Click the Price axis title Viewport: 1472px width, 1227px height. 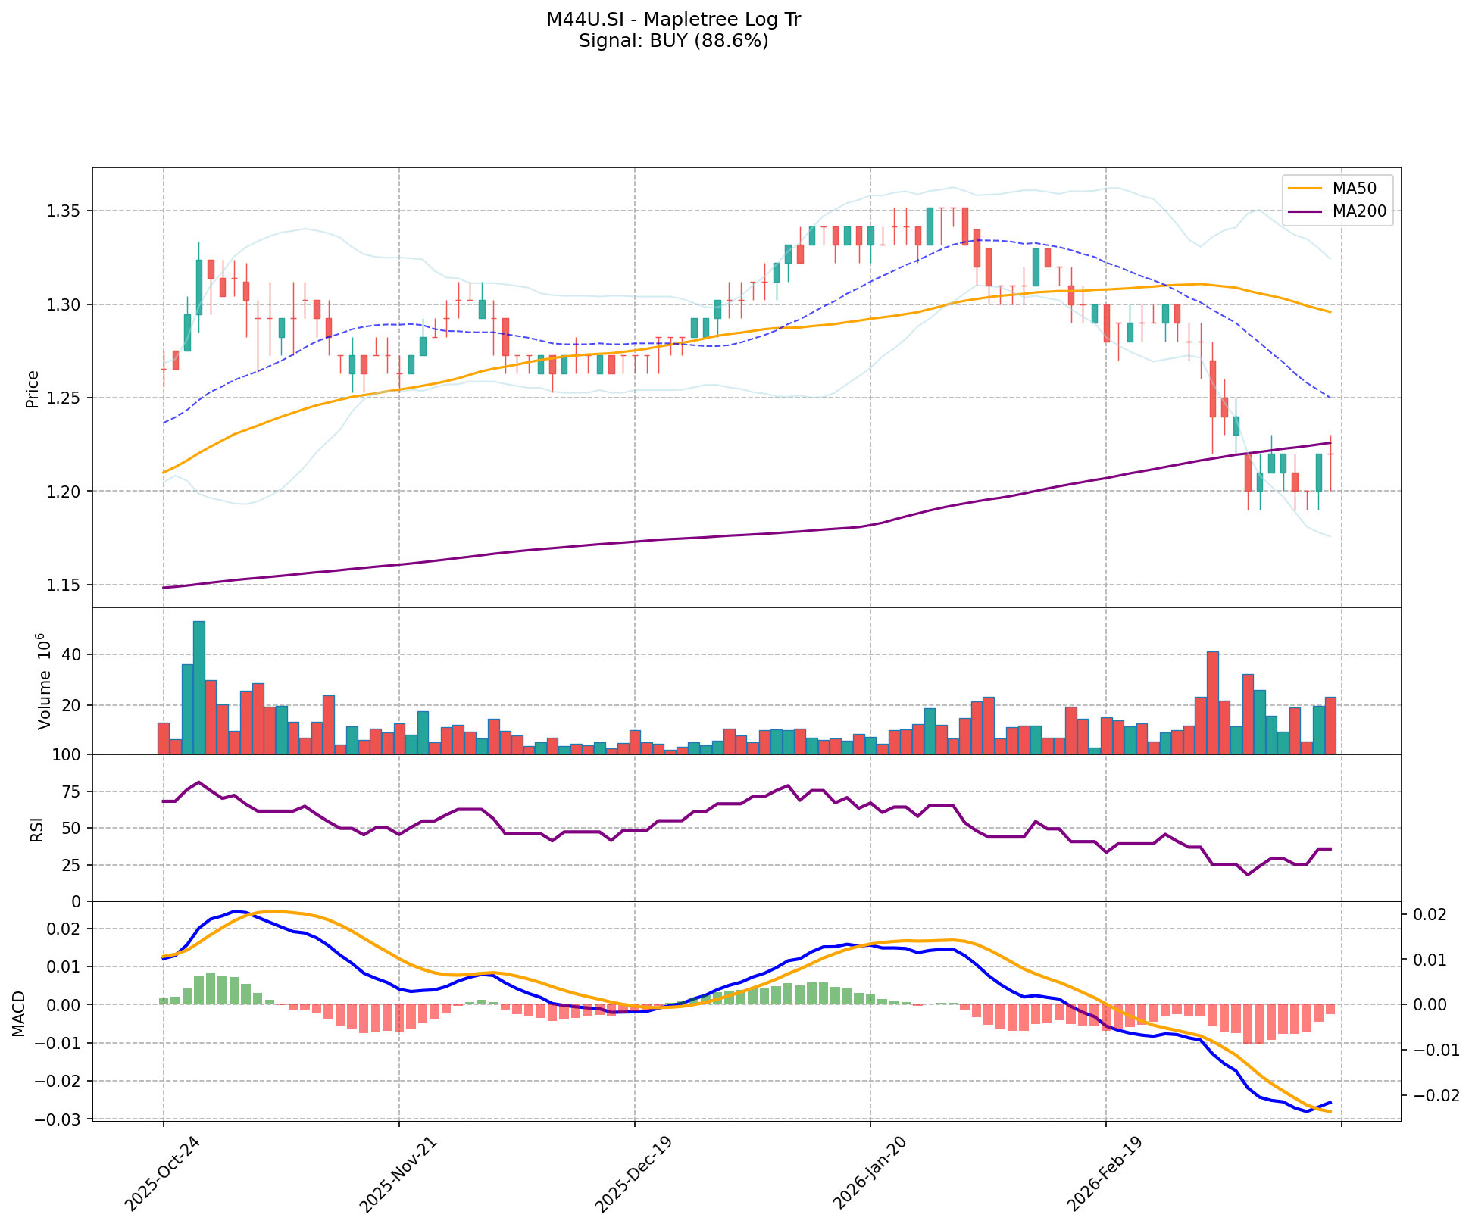point(33,389)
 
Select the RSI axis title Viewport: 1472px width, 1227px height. point(35,829)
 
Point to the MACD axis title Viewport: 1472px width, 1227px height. point(18,1013)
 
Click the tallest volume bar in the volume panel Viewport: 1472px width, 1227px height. point(199,688)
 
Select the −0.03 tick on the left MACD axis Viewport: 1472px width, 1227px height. point(61,1119)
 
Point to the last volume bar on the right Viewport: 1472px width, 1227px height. point(1330,726)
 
